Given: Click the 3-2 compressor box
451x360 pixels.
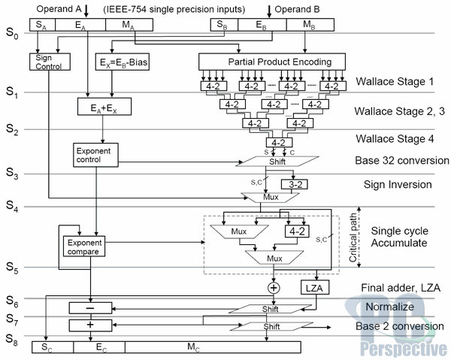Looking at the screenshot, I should point(294,184).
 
